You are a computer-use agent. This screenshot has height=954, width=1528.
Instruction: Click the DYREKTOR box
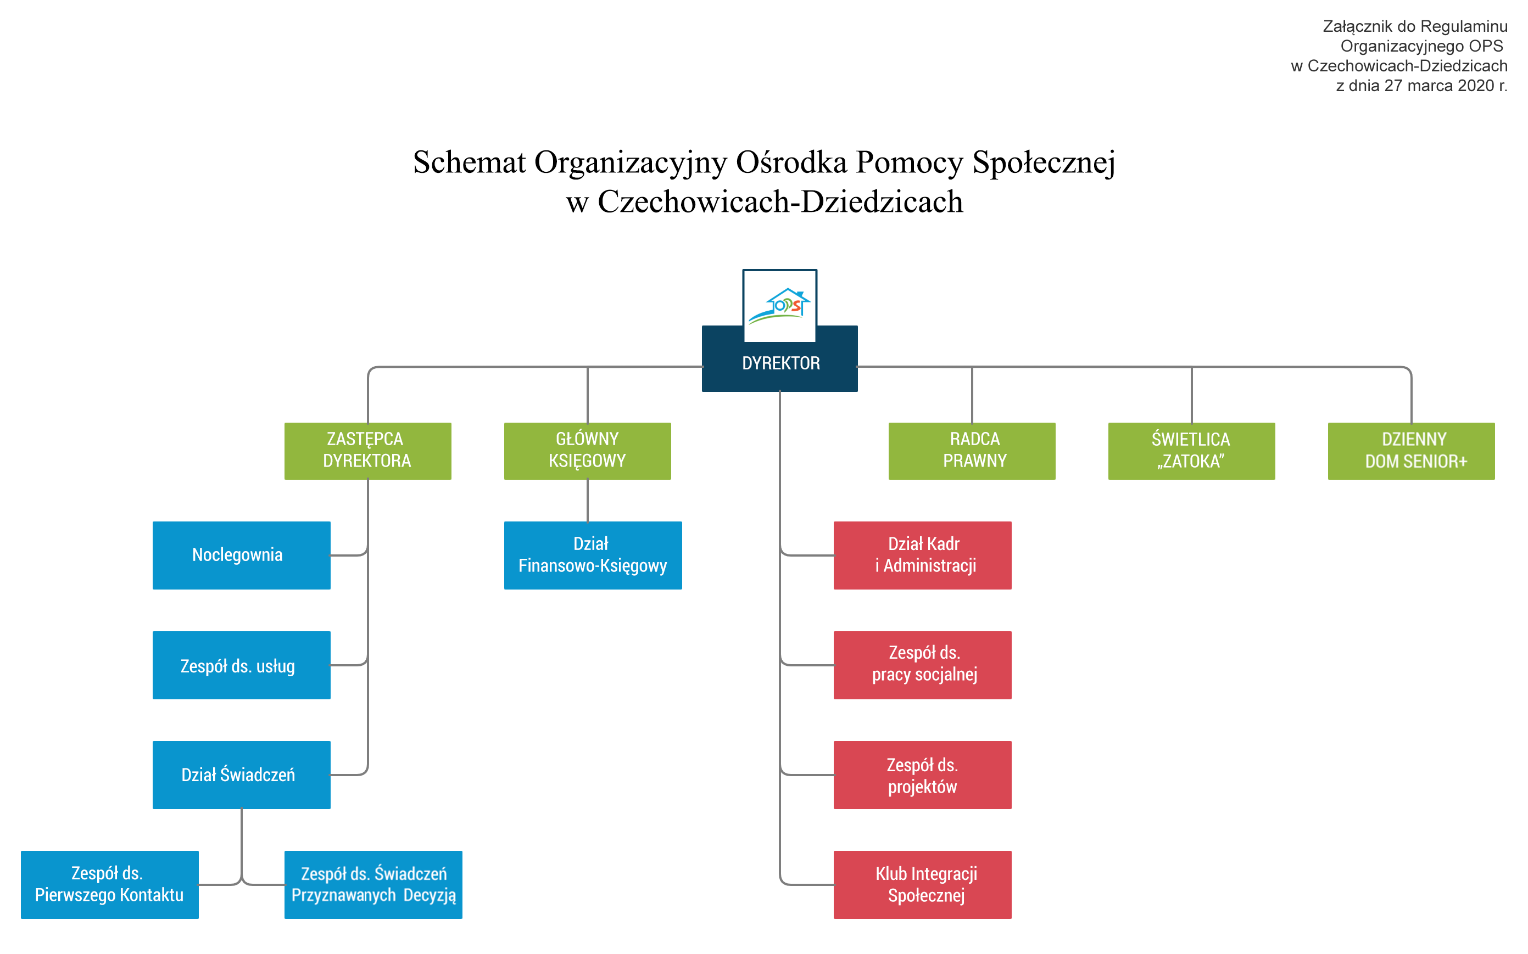coord(779,363)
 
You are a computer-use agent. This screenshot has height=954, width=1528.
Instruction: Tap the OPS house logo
coord(779,305)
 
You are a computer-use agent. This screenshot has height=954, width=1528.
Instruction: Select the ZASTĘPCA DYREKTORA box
coord(367,451)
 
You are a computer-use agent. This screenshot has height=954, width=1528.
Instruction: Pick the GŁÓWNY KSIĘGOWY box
coord(587,451)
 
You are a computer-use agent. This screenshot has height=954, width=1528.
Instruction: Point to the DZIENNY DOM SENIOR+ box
coord(1410,451)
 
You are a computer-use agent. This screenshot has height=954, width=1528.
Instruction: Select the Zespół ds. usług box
coord(241,665)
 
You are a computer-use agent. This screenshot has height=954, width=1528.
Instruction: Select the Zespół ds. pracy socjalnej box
coord(922,665)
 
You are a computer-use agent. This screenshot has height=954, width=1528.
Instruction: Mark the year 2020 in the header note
coord(1476,86)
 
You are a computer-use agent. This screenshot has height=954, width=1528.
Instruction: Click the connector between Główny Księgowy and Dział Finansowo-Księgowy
coord(588,501)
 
